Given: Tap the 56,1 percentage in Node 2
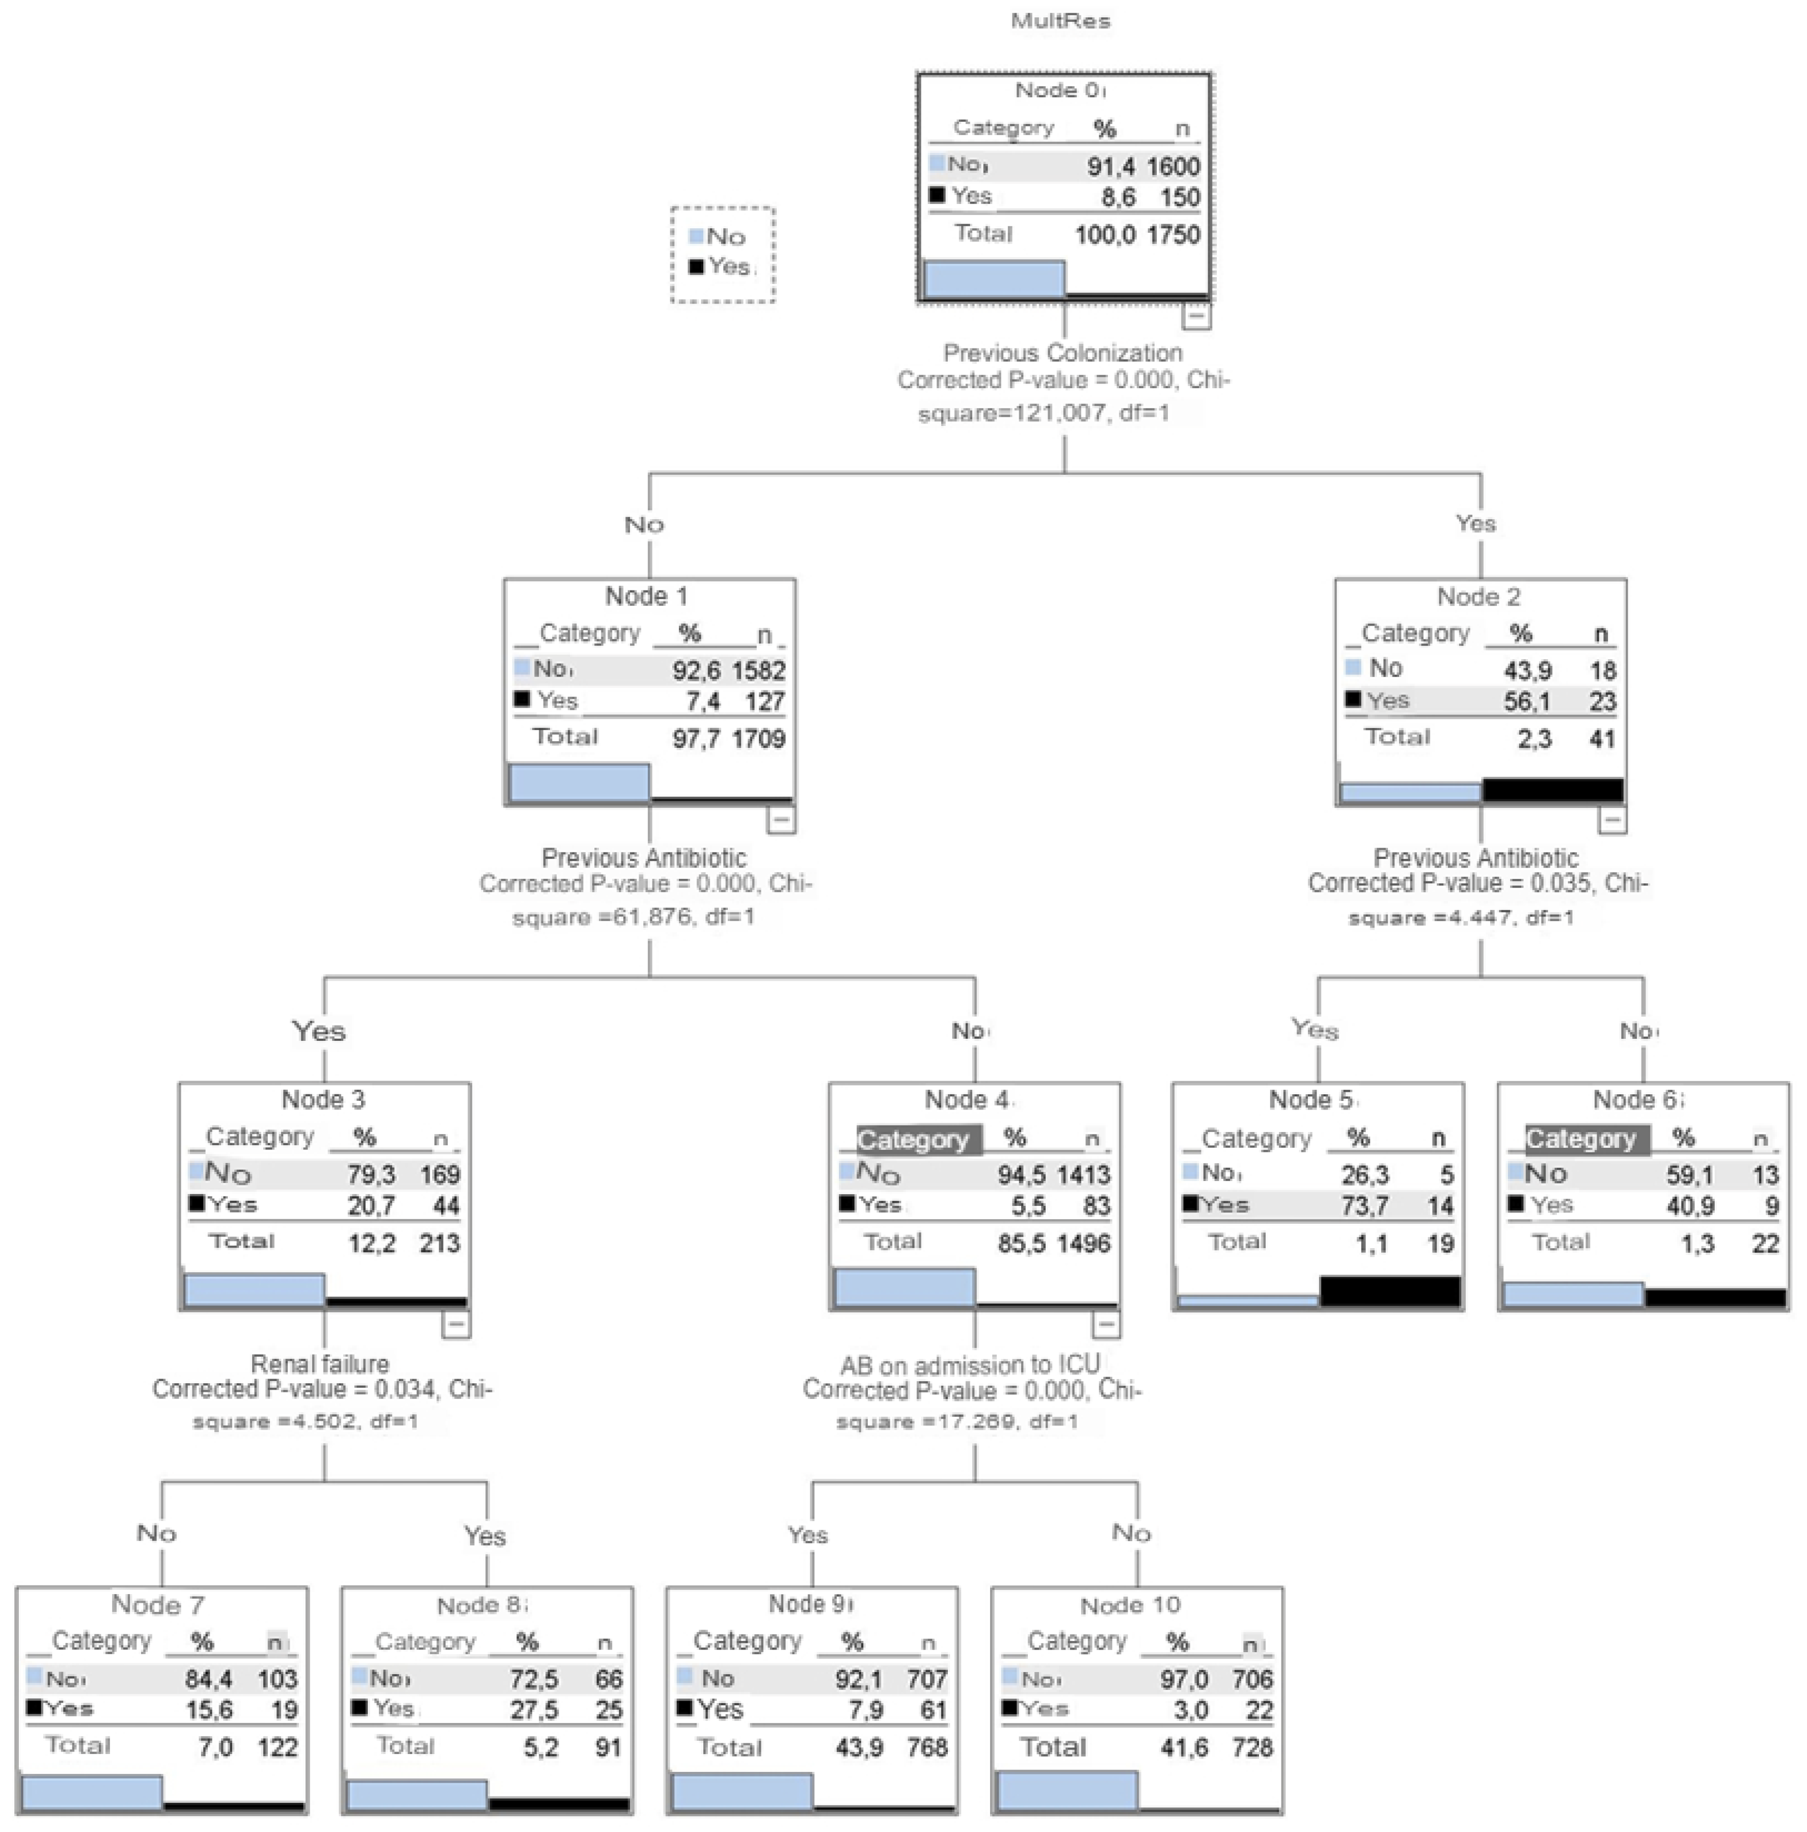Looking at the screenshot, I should coord(1526,702).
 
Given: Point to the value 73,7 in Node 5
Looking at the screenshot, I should coord(1364,1206).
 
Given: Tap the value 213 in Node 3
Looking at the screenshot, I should coord(439,1243).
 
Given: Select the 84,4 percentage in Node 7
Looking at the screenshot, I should coord(208,1679).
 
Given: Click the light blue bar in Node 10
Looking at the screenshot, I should coord(1066,1790).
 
